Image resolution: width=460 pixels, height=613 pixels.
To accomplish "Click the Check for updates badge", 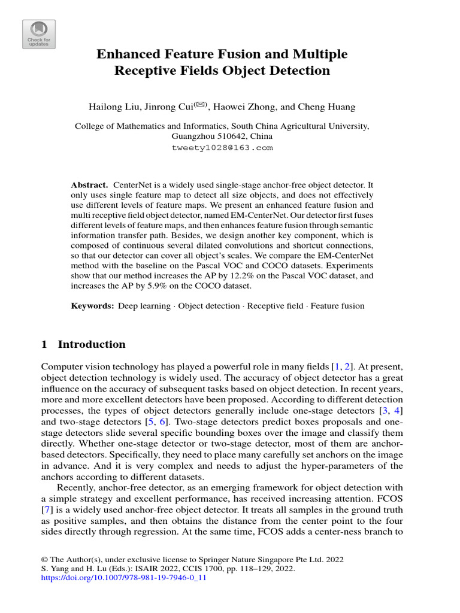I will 39,34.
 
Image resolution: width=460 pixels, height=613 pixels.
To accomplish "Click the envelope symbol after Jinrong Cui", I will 199,105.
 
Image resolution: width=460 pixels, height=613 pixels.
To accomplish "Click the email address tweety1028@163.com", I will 230,147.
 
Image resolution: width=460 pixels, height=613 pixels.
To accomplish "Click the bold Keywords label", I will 92,306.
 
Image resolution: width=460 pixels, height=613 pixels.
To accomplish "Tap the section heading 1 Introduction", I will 83,344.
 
